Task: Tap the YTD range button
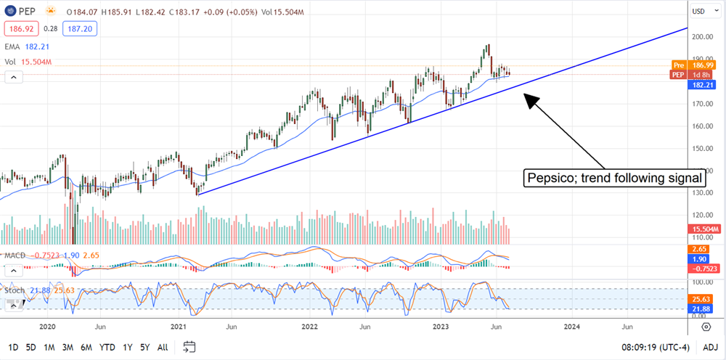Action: [107, 347]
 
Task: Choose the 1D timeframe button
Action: [13, 347]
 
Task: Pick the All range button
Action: [163, 347]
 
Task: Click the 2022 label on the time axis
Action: [310, 327]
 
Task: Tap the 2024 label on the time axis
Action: [573, 327]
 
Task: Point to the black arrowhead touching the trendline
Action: [529, 99]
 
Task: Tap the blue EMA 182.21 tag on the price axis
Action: [701, 84]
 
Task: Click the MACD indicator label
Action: [15, 255]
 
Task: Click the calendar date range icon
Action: [190, 347]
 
